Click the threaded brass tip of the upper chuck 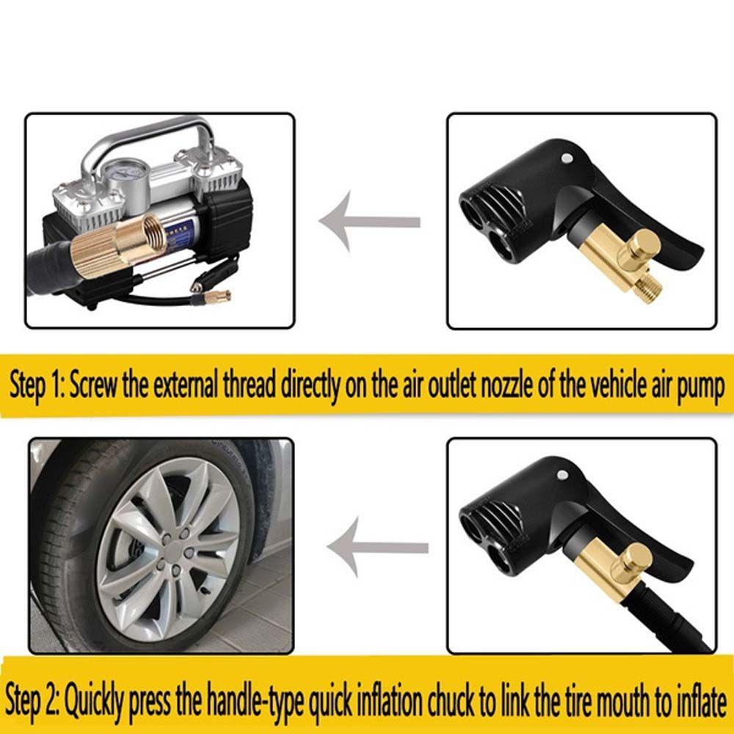coord(648,286)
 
